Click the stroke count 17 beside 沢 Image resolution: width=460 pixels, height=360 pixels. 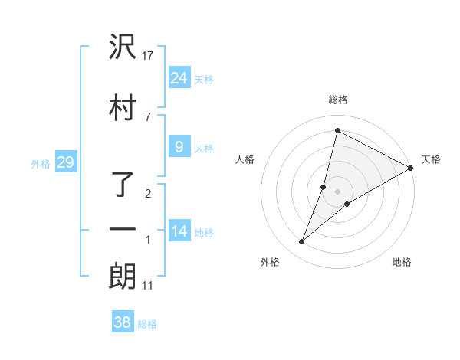tap(148, 56)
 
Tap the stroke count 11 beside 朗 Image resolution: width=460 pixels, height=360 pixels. tap(147, 286)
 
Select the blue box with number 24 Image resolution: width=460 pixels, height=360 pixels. tap(179, 78)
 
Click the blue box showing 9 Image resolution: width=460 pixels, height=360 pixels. tap(179, 147)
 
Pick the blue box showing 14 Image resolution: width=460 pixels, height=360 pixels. tap(179, 231)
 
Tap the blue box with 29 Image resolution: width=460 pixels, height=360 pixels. tap(65, 162)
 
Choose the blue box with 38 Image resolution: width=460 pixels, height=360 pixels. tap(122, 322)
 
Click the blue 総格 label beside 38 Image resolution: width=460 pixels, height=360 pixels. tap(147, 324)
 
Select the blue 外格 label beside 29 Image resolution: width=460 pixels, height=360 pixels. tap(41, 163)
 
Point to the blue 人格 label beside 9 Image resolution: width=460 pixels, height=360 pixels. tap(204, 149)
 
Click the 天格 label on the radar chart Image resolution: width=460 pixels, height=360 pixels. tap(431, 159)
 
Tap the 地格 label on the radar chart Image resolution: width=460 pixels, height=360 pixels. tap(402, 262)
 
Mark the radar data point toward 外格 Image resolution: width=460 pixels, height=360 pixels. tap(302, 242)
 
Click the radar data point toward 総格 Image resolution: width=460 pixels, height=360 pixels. tap(337, 130)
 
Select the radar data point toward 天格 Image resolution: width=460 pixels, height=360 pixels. tap(411, 168)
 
